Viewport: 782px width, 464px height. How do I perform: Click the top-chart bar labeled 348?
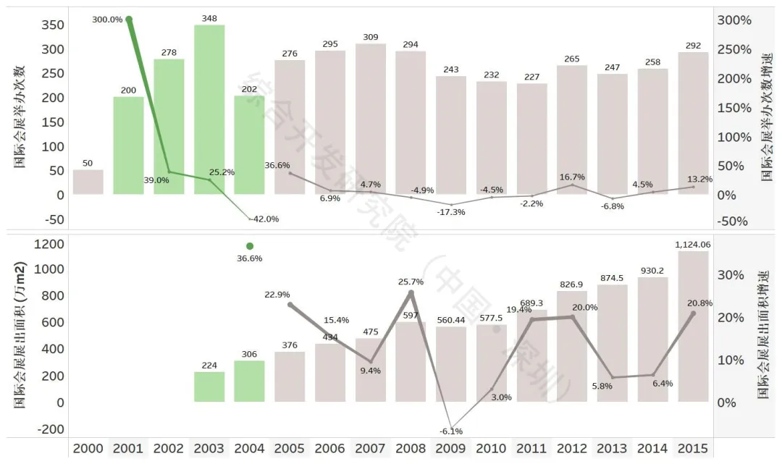tap(209, 109)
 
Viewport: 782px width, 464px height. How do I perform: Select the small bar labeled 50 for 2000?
tap(88, 182)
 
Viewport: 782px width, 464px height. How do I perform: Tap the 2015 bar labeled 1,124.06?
tap(693, 326)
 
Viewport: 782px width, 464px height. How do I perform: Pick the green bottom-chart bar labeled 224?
tap(209, 387)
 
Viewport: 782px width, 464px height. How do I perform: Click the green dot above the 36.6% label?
tap(250, 246)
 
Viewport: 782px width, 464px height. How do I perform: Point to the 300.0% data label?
tap(107, 20)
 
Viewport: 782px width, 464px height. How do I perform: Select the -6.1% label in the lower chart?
tap(450, 431)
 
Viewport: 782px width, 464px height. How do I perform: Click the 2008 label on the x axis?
tap(411, 449)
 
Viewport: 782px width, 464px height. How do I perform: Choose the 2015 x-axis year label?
tap(693, 449)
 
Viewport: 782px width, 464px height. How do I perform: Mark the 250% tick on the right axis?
tap(734, 49)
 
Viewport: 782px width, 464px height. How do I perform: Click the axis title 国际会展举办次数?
tap(20, 116)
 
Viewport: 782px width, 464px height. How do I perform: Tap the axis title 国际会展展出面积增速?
tap(762, 334)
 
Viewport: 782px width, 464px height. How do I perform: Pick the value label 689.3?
tap(531, 302)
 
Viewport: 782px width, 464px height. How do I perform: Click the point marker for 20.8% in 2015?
tap(693, 313)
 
